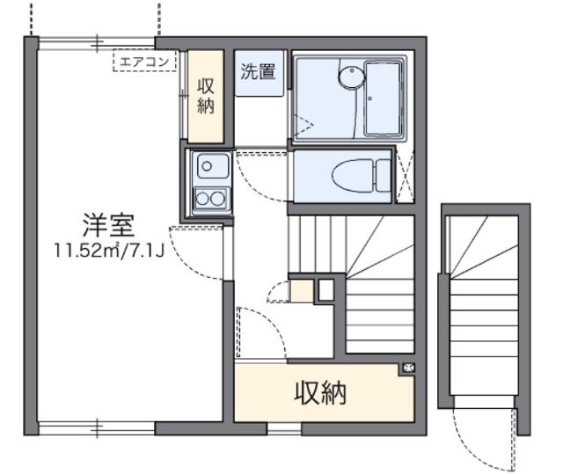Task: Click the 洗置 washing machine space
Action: coord(258,73)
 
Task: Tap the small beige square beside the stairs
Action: coord(302,290)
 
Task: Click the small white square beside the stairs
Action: coord(325,289)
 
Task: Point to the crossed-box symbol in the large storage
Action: coord(407,368)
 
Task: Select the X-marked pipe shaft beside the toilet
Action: coord(406,177)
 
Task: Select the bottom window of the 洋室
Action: coord(97,428)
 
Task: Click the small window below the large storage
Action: coord(283,429)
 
